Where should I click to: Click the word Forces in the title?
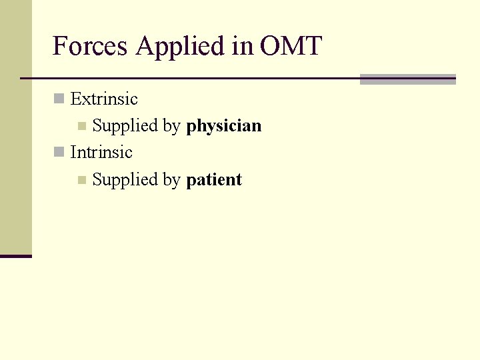tap(91, 47)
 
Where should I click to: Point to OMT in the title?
tap(291, 47)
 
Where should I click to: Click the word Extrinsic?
tap(104, 99)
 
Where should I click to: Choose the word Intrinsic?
tap(101, 153)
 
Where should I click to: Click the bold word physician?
tap(224, 126)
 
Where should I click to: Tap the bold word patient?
tap(214, 180)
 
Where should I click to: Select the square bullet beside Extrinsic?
tap(59, 99)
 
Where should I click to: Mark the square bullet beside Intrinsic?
tap(59, 153)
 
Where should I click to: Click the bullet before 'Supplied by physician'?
tap(81, 126)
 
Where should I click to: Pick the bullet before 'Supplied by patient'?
tap(81, 179)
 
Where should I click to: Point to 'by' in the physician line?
tap(172, 127)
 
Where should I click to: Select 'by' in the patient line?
tap(172, 180)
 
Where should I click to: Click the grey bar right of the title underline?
tap(407, 79)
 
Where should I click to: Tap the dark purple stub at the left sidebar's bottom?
tap(16, 256)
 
